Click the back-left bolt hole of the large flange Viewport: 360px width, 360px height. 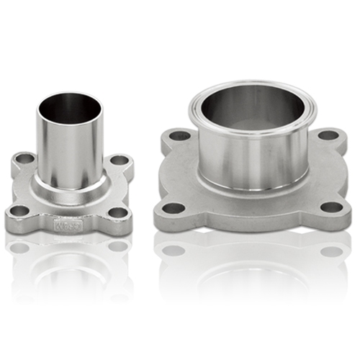click(x=179, y=135)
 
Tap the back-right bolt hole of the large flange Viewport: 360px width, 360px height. click(x=328, y=135)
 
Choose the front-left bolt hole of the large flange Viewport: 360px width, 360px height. click(x=174, y=208)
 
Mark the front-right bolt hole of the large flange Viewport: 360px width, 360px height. click(x=331, y=207)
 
